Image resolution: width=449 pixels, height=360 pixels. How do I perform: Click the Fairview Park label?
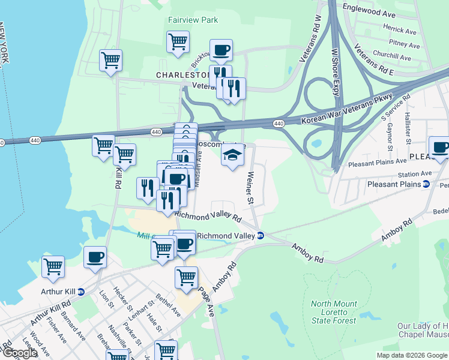[192, 20]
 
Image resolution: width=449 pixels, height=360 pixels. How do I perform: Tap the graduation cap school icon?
[233, 156]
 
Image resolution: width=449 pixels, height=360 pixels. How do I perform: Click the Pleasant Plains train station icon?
[426, 184]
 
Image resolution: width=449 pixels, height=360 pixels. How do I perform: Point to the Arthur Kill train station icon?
[81, 292]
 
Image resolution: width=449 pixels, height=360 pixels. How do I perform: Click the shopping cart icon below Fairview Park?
[178, 43]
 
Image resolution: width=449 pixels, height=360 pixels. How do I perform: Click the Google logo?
[20, 353]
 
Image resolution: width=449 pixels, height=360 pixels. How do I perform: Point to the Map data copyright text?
[411, 355]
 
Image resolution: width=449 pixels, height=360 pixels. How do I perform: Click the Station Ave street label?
[418, 174]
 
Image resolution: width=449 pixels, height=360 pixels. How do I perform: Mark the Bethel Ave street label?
[168, 305]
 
